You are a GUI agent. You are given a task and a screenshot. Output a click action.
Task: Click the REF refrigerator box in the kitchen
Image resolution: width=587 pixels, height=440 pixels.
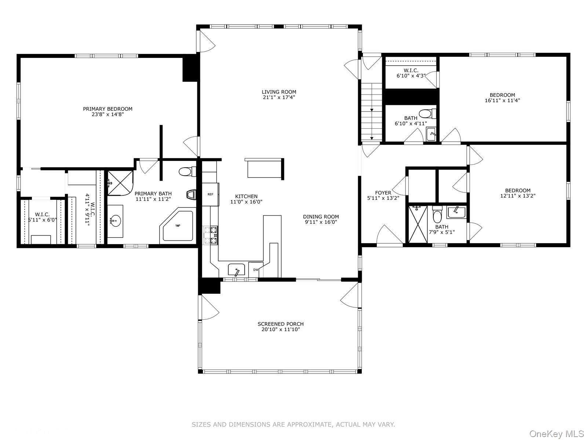(x=211, y=194)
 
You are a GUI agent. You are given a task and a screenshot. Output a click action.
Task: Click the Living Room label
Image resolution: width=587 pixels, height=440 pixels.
(x=279, y=92)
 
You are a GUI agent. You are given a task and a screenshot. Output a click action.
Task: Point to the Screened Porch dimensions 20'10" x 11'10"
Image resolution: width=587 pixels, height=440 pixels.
(x=280, y=330)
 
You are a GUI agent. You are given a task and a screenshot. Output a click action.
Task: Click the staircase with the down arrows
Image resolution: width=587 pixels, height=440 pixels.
(x=372, y=111)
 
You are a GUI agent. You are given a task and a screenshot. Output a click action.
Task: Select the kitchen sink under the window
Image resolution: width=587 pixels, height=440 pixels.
(x=236, y=270)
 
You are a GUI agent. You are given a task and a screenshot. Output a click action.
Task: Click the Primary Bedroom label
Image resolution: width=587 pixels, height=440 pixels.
(x=107, y=109)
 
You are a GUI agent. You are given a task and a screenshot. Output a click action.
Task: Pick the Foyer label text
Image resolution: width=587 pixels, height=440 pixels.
(x=383, y=192)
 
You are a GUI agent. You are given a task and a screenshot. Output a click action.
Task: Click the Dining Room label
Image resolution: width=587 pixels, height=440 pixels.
(x=321, y=217)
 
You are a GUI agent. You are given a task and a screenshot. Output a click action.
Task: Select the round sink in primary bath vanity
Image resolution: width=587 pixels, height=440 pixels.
(x=115, y=221)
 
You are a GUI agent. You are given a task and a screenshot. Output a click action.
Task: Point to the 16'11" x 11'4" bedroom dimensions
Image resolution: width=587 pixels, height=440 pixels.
(x=502, y=100)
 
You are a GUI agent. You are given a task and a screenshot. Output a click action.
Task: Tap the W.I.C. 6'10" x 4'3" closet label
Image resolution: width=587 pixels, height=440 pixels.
(x=411, y=70)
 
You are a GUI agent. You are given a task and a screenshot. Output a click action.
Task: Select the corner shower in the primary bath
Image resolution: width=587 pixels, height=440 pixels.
(x=119, y=182)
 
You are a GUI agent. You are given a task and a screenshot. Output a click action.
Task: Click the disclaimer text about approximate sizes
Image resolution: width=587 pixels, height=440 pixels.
(x=293, y=425)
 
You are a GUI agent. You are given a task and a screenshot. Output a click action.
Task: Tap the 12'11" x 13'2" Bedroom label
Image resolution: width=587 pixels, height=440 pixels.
(x=518, y=190)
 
